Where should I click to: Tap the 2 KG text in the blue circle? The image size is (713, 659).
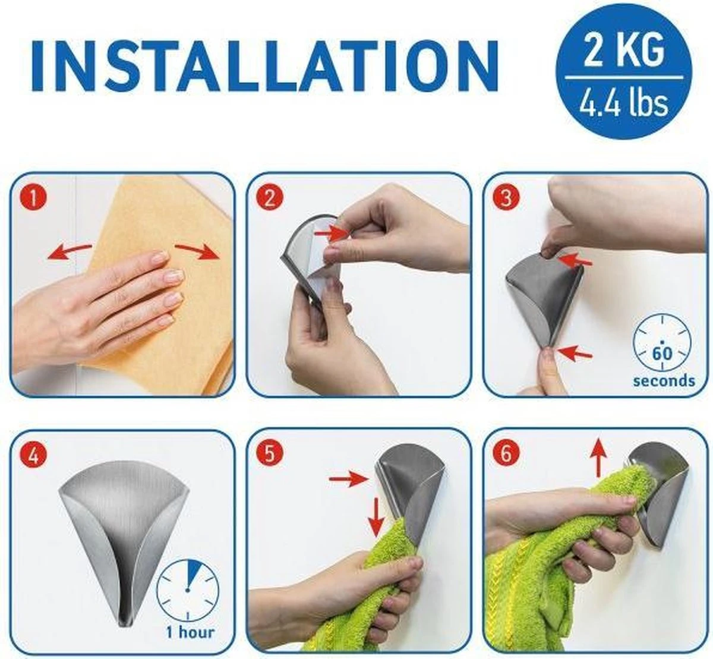pyautogui.click(x=624, y=51)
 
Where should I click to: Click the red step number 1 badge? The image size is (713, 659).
pyautogui.click(x=34, y=197)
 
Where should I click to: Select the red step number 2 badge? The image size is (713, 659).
pyautogui.click(x=270, y=197)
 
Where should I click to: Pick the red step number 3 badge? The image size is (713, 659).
pyautogui.click(x=506, y=197)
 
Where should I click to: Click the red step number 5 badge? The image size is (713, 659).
pyautogui.click(x=270, y=455)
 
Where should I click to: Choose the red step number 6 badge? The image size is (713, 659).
pyautogui.click(x=506, y=455)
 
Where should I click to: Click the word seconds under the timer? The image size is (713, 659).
pyautogui.click(x=664, y=380)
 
